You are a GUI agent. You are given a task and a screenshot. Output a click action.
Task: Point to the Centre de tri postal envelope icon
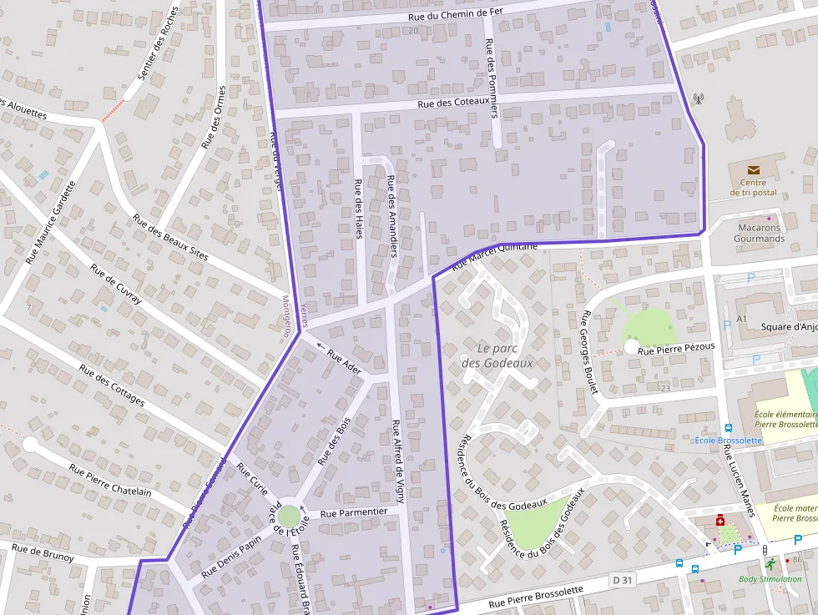[753, 170]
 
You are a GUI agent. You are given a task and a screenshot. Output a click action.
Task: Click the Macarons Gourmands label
[759, 233]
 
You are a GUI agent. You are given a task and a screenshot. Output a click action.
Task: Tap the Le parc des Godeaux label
[497, 355]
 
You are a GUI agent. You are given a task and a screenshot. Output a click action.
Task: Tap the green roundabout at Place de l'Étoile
[288, 517]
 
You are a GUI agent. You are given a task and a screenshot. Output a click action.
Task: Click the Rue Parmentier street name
[353, 512]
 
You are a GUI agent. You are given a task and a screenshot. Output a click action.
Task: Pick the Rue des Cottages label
[111, 384]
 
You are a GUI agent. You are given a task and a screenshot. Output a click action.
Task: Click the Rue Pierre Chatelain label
[110, 480]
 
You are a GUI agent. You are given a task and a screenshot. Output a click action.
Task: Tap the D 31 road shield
[621, 579]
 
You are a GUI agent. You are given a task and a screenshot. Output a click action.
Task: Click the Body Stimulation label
[770, 579]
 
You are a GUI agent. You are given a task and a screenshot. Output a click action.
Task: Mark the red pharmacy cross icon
[720, 521]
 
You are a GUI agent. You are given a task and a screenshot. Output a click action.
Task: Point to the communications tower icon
[698, 98]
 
